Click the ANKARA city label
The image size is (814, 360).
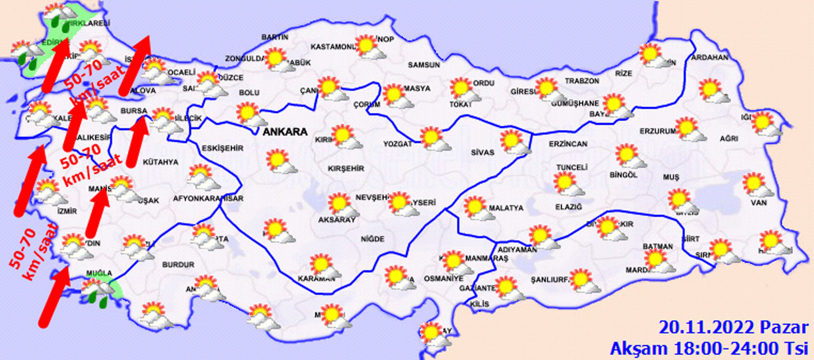pyautogui.click(x=285, y=132)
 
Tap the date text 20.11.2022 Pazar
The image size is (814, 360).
pyautogui.click(x=733, y=328)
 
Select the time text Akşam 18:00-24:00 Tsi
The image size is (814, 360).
pyautogui.click(x=709, y=349)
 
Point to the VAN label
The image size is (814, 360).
pyautogui.click(x=758, y=203)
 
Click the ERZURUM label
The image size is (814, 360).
pyautogui.click(x=658, y=131)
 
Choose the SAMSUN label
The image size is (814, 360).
pyautogui.click(x=424, y=65)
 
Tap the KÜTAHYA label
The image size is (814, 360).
pyautogui.click(x=160, y=162)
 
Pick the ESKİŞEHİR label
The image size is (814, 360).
pyautogui.click(x=223, y=148)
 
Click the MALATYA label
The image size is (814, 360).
pyautogui.click(x=506, y=208)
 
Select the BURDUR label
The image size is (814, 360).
pyautogui.click(x=178, y=265)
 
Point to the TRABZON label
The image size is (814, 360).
pyautogui.click(x=582, y=81)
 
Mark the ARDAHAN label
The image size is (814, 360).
pyautogui.click(x=710, y=57)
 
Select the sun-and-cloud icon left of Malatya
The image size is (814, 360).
pyautogui.click(x=478, y=209)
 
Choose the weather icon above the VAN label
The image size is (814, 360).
pyautogui.click(x=757, y=185)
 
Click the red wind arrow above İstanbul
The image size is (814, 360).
pyautogui.click(x=135, y=65)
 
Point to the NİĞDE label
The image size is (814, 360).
pyautogui.click(x=373, y=239)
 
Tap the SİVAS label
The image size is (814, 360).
pyautogui.click(x=482, y=152)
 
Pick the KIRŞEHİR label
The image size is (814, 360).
pyautogui.click(x=346, y=169)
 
